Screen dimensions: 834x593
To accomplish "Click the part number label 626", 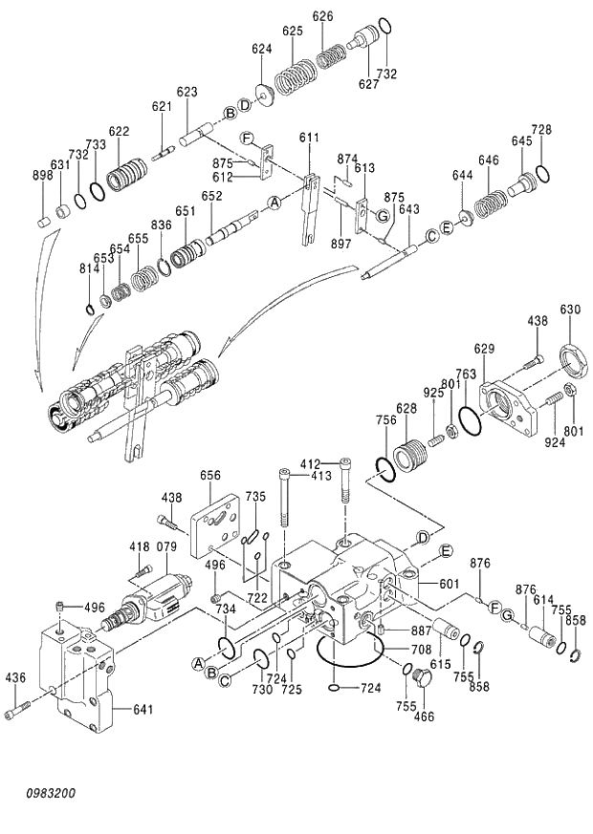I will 323,16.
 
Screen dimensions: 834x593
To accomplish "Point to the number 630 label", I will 570,310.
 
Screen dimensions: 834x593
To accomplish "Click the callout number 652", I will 211,196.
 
